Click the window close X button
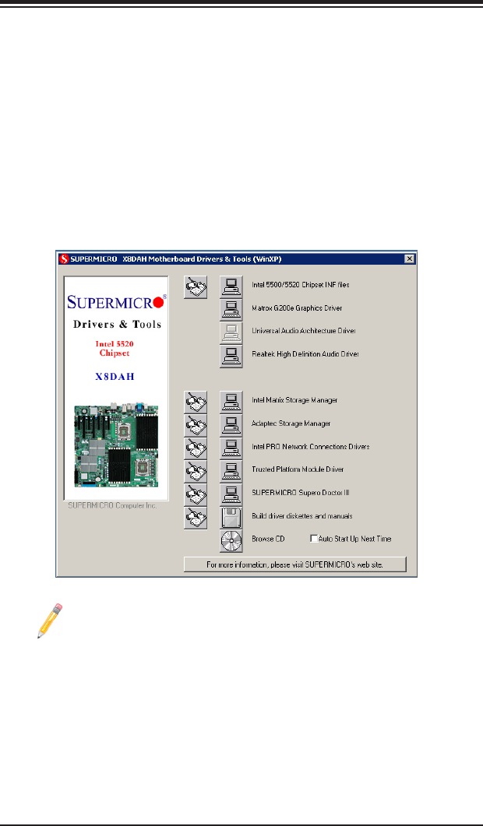[x=409, y=258]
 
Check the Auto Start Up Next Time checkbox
[x=313, y=539]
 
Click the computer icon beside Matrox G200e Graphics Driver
[x=231, y=309]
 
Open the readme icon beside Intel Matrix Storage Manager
[x=196, y=402]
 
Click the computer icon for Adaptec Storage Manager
[x=231, y=425]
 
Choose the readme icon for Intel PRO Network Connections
[x=196, y=448]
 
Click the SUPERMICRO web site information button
[x=295, y=564]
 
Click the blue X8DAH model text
[x=115, y=374]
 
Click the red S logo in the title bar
[x=62, y=258]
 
